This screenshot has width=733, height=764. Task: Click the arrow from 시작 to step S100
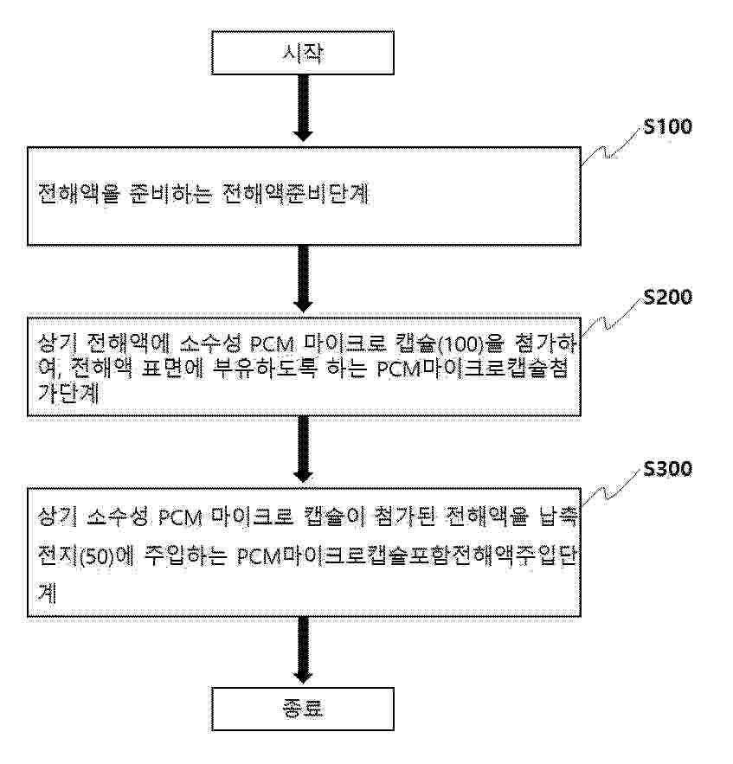[x=302, y=108]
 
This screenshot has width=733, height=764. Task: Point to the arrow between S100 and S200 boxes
[x=302, y=279]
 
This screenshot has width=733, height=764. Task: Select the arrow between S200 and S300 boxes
[x=302, y=448]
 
